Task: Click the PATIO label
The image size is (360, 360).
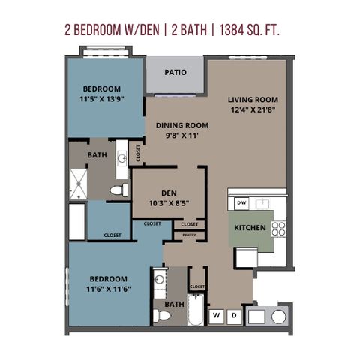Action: tap(175, 72)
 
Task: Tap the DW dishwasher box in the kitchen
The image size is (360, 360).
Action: tap(241, 203)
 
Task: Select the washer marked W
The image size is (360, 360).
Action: tap(217, 316)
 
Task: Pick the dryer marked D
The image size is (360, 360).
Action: tap(234, 316)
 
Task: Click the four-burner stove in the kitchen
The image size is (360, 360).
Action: tap(279, 229)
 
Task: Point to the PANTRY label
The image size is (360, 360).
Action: tap(189, 235)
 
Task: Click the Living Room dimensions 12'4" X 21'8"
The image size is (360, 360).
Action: tap(253, 109)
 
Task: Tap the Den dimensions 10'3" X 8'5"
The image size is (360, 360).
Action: tap(169, 203)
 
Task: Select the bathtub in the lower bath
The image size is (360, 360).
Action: tap(196, 310)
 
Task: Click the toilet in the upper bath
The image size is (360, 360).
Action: tap(119, 190)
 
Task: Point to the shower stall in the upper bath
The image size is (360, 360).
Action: tap(79, 184)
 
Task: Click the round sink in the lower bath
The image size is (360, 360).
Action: tap(159, 279)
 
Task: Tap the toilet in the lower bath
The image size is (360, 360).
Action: tap(162, 316)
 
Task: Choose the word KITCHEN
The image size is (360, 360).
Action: tap(250, 228)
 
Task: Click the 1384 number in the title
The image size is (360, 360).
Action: tap(232, 30)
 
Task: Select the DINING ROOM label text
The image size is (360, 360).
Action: tap(182, 125)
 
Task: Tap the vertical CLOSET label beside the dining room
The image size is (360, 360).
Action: tap(138, 153)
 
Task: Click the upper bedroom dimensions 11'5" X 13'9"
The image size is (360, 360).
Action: tap(102, 99)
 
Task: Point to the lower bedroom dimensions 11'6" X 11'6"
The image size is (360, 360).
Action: tap(109, 289)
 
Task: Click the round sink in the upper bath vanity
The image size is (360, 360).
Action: tap(122, 157)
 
